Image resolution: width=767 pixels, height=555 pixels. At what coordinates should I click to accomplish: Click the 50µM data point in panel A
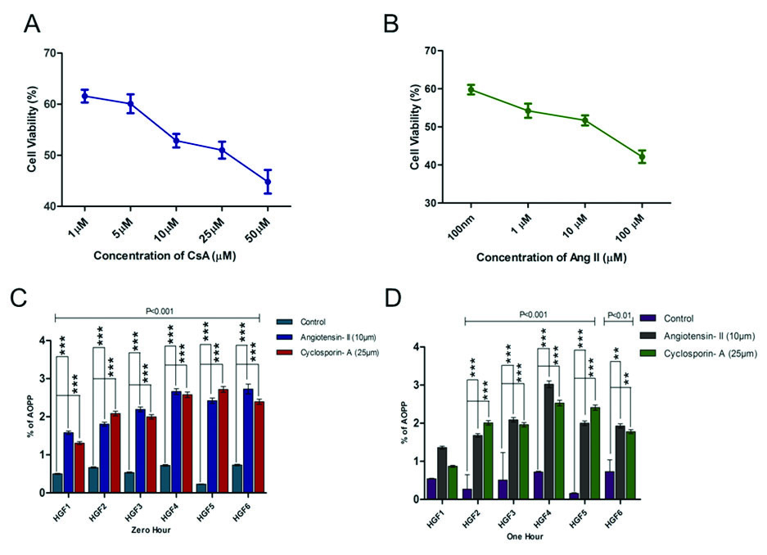(267, 181)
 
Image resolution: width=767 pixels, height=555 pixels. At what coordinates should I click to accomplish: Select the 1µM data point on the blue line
(84, 96)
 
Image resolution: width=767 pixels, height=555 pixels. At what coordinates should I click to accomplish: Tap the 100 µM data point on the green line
(642, 156)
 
